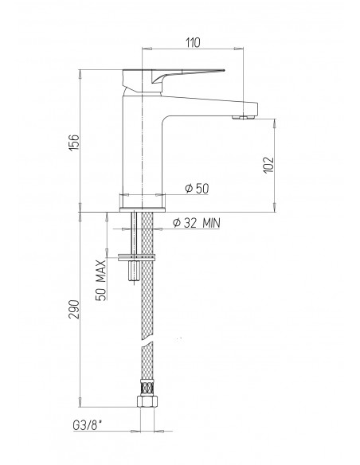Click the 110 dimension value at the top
point(194,43)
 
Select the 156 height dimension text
point(74,143)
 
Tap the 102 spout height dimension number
point(268,165)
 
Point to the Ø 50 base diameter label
point(197,189)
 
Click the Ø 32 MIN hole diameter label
point(197,223)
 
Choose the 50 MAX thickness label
point(101,280)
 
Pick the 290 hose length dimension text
point(74,309)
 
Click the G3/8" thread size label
point(87,425)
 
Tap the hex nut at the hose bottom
point(147,401)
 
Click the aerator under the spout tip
point(243,117)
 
